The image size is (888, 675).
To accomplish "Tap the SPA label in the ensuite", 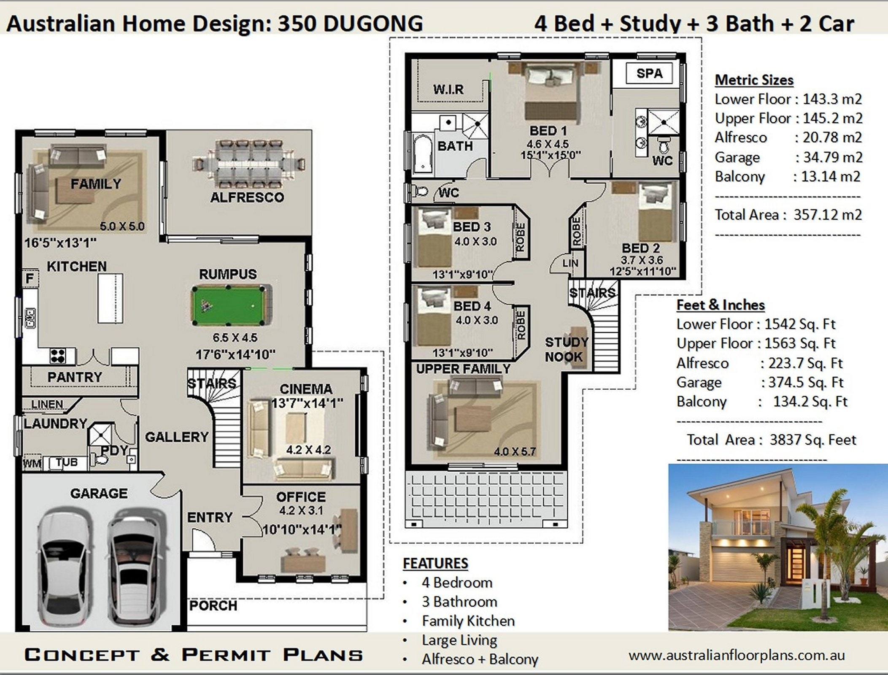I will click(x=649, y=73).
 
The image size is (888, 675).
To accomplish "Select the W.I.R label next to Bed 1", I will click(x=448, y=89).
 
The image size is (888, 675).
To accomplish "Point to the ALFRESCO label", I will click(x=247, y=197).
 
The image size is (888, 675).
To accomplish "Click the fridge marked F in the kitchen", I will click(x=30, y=278).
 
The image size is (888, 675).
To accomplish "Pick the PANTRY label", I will click(x=75, y=377).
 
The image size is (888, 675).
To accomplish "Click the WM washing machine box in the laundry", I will click(x=32, y=464).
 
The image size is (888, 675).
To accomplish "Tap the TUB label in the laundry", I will click(x=67, y=462).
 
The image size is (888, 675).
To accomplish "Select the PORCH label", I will click(x=213, y=606).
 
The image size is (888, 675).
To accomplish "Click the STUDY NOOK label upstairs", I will click(x=566, y=349).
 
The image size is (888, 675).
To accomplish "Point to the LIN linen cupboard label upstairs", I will click(x=570, y=263).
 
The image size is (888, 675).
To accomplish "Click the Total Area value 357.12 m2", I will click(x=827, y=215).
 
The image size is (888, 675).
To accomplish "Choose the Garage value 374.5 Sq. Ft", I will click(x=805, y=382).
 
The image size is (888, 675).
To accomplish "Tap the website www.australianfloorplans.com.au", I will click(x=737, y=655).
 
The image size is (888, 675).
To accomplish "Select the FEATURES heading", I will click(x=435, y=563).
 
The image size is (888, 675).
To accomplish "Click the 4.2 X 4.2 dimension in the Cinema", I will click(x=308, y=450).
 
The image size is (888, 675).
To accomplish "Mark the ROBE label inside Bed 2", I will click(x=576, y=232).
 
